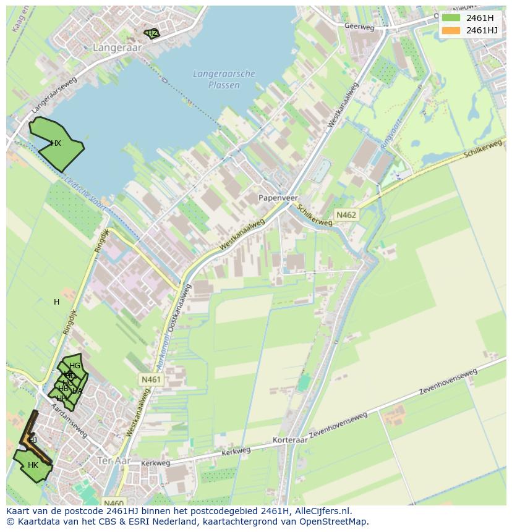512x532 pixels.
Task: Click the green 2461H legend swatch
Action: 451,18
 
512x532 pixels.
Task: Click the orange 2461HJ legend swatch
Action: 451,30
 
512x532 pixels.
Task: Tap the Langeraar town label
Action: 117,47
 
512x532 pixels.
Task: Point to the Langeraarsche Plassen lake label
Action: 224,79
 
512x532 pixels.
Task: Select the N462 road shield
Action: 346,214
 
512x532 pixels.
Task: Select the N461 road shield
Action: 151,379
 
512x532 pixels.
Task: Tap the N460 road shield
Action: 113,503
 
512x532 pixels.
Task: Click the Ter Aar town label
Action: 115,460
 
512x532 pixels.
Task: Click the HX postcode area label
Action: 56,143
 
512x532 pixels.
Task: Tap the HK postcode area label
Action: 33,465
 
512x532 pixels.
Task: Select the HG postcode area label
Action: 75,366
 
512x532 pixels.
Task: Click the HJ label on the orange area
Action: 33,440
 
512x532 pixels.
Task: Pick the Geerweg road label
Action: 360,27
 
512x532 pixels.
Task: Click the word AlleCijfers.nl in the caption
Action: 321,511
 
